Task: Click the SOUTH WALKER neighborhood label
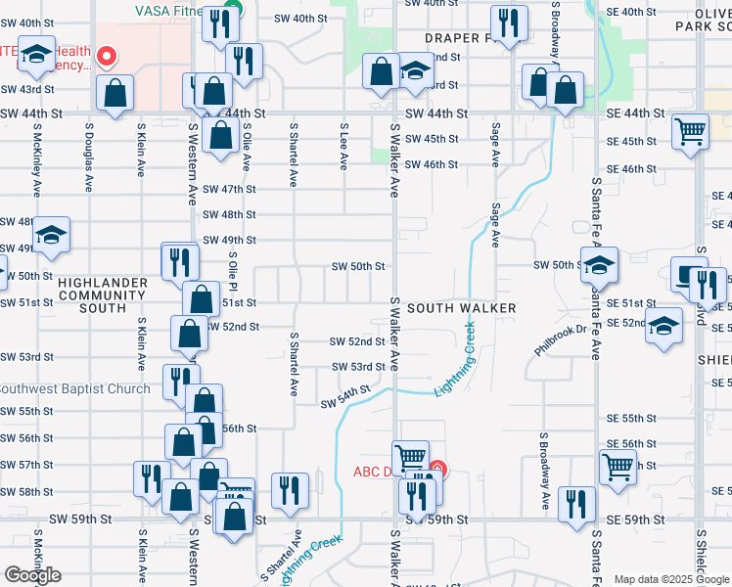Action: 461,307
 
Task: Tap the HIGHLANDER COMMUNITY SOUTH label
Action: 102,294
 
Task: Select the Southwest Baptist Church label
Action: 74,388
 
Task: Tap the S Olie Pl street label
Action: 233,273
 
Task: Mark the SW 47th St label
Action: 229,189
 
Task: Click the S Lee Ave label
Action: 343,146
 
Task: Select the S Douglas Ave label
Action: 89,156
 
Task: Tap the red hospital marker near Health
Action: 108,57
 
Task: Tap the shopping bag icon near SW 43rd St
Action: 115,94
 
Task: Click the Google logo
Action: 32,574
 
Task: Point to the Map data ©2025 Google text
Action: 671,579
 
